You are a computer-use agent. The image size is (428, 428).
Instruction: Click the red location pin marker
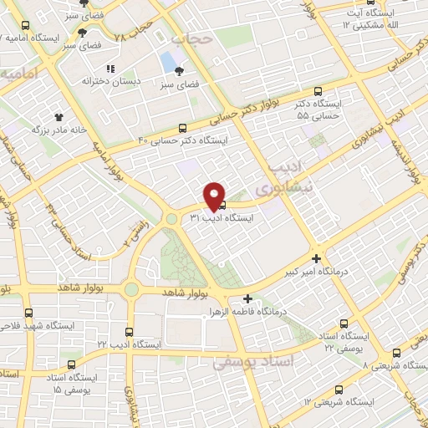[x=215, y=196]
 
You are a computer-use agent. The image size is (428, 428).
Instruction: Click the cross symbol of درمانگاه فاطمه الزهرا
[x=247, y=298]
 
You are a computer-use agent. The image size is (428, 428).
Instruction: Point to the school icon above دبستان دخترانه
[x=109, y=69]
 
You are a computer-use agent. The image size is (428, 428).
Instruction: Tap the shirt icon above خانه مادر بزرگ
[x=59, y=117]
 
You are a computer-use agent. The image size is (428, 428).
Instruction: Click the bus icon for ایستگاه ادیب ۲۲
[x=127, y=332]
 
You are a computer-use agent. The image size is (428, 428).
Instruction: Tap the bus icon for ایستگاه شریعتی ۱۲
[x=339, y=389]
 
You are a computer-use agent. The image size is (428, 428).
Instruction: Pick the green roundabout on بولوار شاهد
[x=131, y=289]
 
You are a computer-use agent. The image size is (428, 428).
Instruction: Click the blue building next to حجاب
[x=170, y=61]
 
